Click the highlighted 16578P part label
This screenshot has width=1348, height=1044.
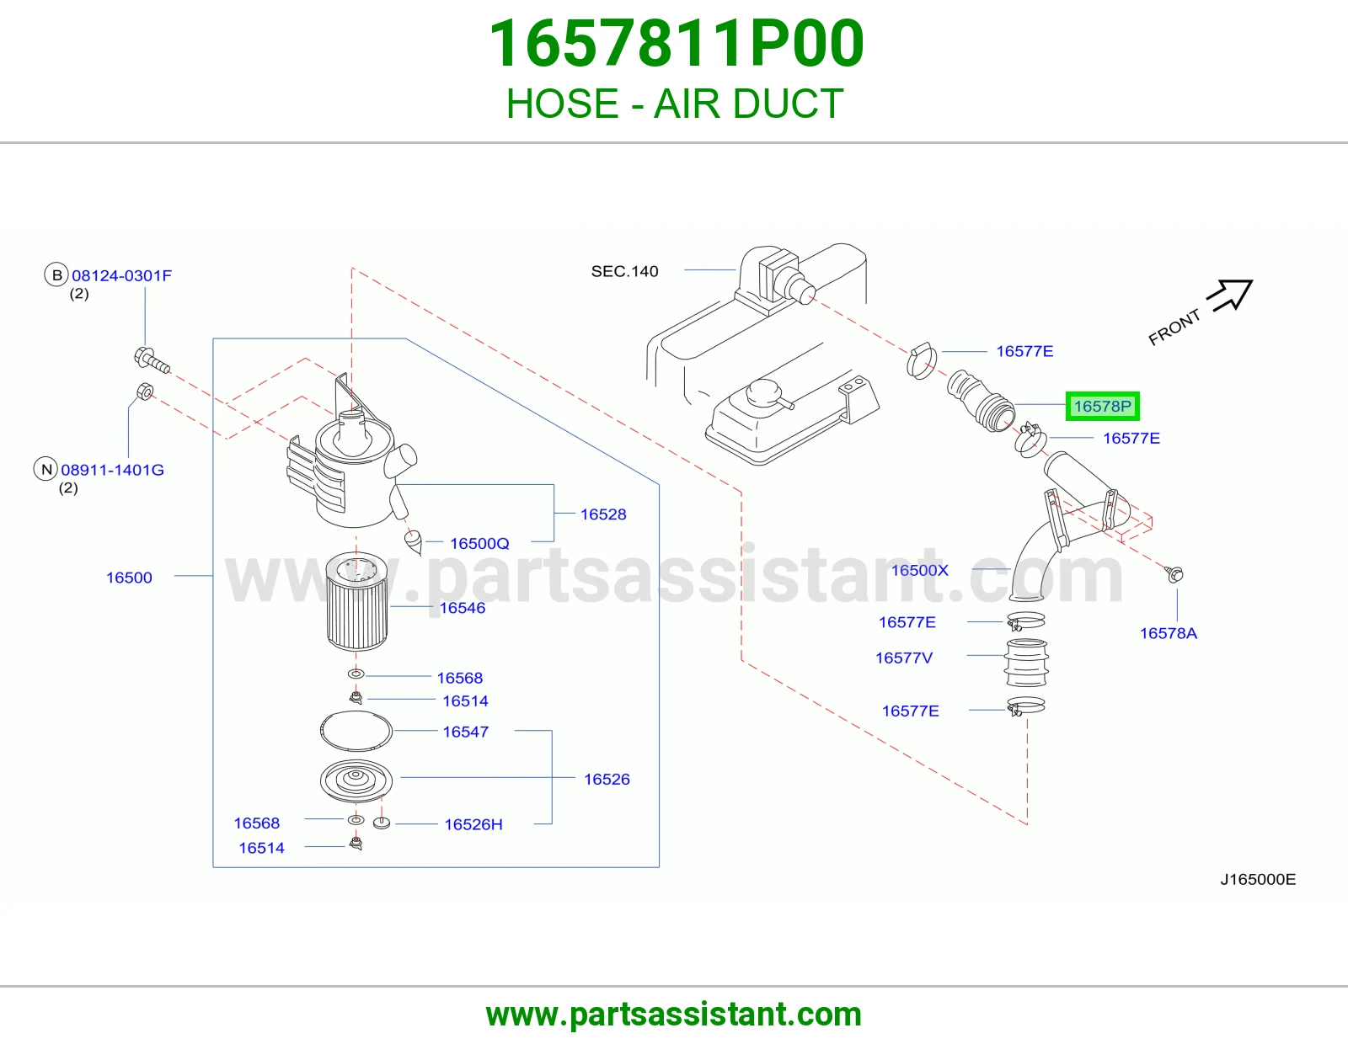pos(1102,406)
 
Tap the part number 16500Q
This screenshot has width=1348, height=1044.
pos(479,544)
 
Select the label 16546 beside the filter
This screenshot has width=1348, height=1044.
pos(463,608)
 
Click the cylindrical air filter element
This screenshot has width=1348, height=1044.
pos(356,601)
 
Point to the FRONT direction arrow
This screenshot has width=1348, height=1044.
pos(1232,295)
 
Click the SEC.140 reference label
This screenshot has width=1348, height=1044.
pos(624,271)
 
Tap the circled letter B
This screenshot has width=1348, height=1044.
pos(56,275)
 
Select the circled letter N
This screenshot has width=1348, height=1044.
pos(45,469)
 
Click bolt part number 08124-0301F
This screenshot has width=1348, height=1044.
pos(121,276)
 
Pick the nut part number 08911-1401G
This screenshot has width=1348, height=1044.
pos(112,470)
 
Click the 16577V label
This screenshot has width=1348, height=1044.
pos(904,658)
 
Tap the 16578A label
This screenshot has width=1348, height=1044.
pos(1168,633)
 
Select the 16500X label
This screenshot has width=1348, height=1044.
pos(920,570)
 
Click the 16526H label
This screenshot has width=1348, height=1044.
pos(473,824)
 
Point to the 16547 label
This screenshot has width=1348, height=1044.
pos(465,732)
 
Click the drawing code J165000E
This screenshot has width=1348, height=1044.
pos(1258,879)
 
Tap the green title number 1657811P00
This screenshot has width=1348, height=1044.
pos(677,43)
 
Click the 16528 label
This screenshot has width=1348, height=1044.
pos(603,514)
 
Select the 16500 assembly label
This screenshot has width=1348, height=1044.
pos(129,578)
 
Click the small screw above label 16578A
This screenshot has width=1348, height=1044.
pos(1174,574)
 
